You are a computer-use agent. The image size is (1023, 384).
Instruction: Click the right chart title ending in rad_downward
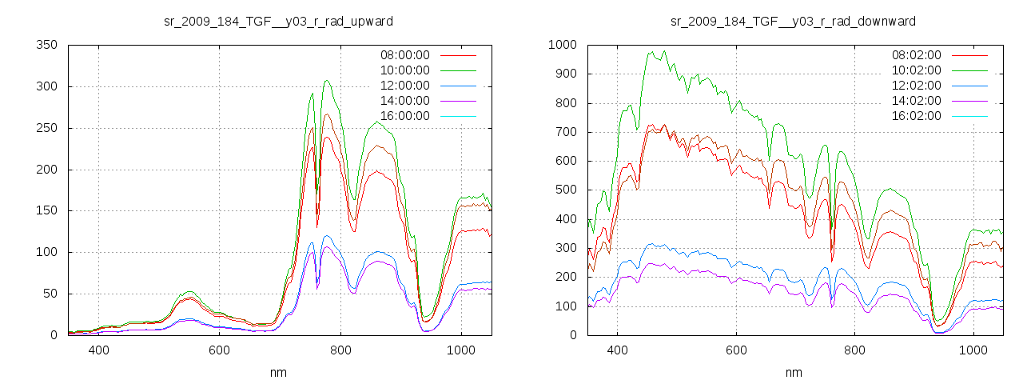793,20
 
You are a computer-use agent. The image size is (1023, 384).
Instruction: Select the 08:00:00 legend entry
404,55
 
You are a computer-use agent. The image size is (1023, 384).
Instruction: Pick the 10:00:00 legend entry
404,70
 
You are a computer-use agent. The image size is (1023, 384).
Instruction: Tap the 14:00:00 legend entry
404,101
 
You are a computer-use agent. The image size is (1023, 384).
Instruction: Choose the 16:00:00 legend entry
404,116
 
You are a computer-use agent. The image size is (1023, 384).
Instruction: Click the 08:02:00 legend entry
917,55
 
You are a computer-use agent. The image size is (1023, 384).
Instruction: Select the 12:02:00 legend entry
917,86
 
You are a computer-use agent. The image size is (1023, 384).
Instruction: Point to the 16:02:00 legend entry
917,116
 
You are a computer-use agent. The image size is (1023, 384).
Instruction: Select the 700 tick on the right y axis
563,132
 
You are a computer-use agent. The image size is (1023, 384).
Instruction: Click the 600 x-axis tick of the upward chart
220,350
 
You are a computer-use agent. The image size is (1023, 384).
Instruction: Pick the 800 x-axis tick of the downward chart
854,350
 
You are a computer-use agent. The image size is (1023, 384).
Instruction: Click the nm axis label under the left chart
279,372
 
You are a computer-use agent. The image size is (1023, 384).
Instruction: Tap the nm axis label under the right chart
793,372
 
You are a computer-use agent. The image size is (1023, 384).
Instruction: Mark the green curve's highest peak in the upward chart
327,80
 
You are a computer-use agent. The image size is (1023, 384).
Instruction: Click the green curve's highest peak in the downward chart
652,52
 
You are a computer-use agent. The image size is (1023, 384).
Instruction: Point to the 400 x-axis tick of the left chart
99,350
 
